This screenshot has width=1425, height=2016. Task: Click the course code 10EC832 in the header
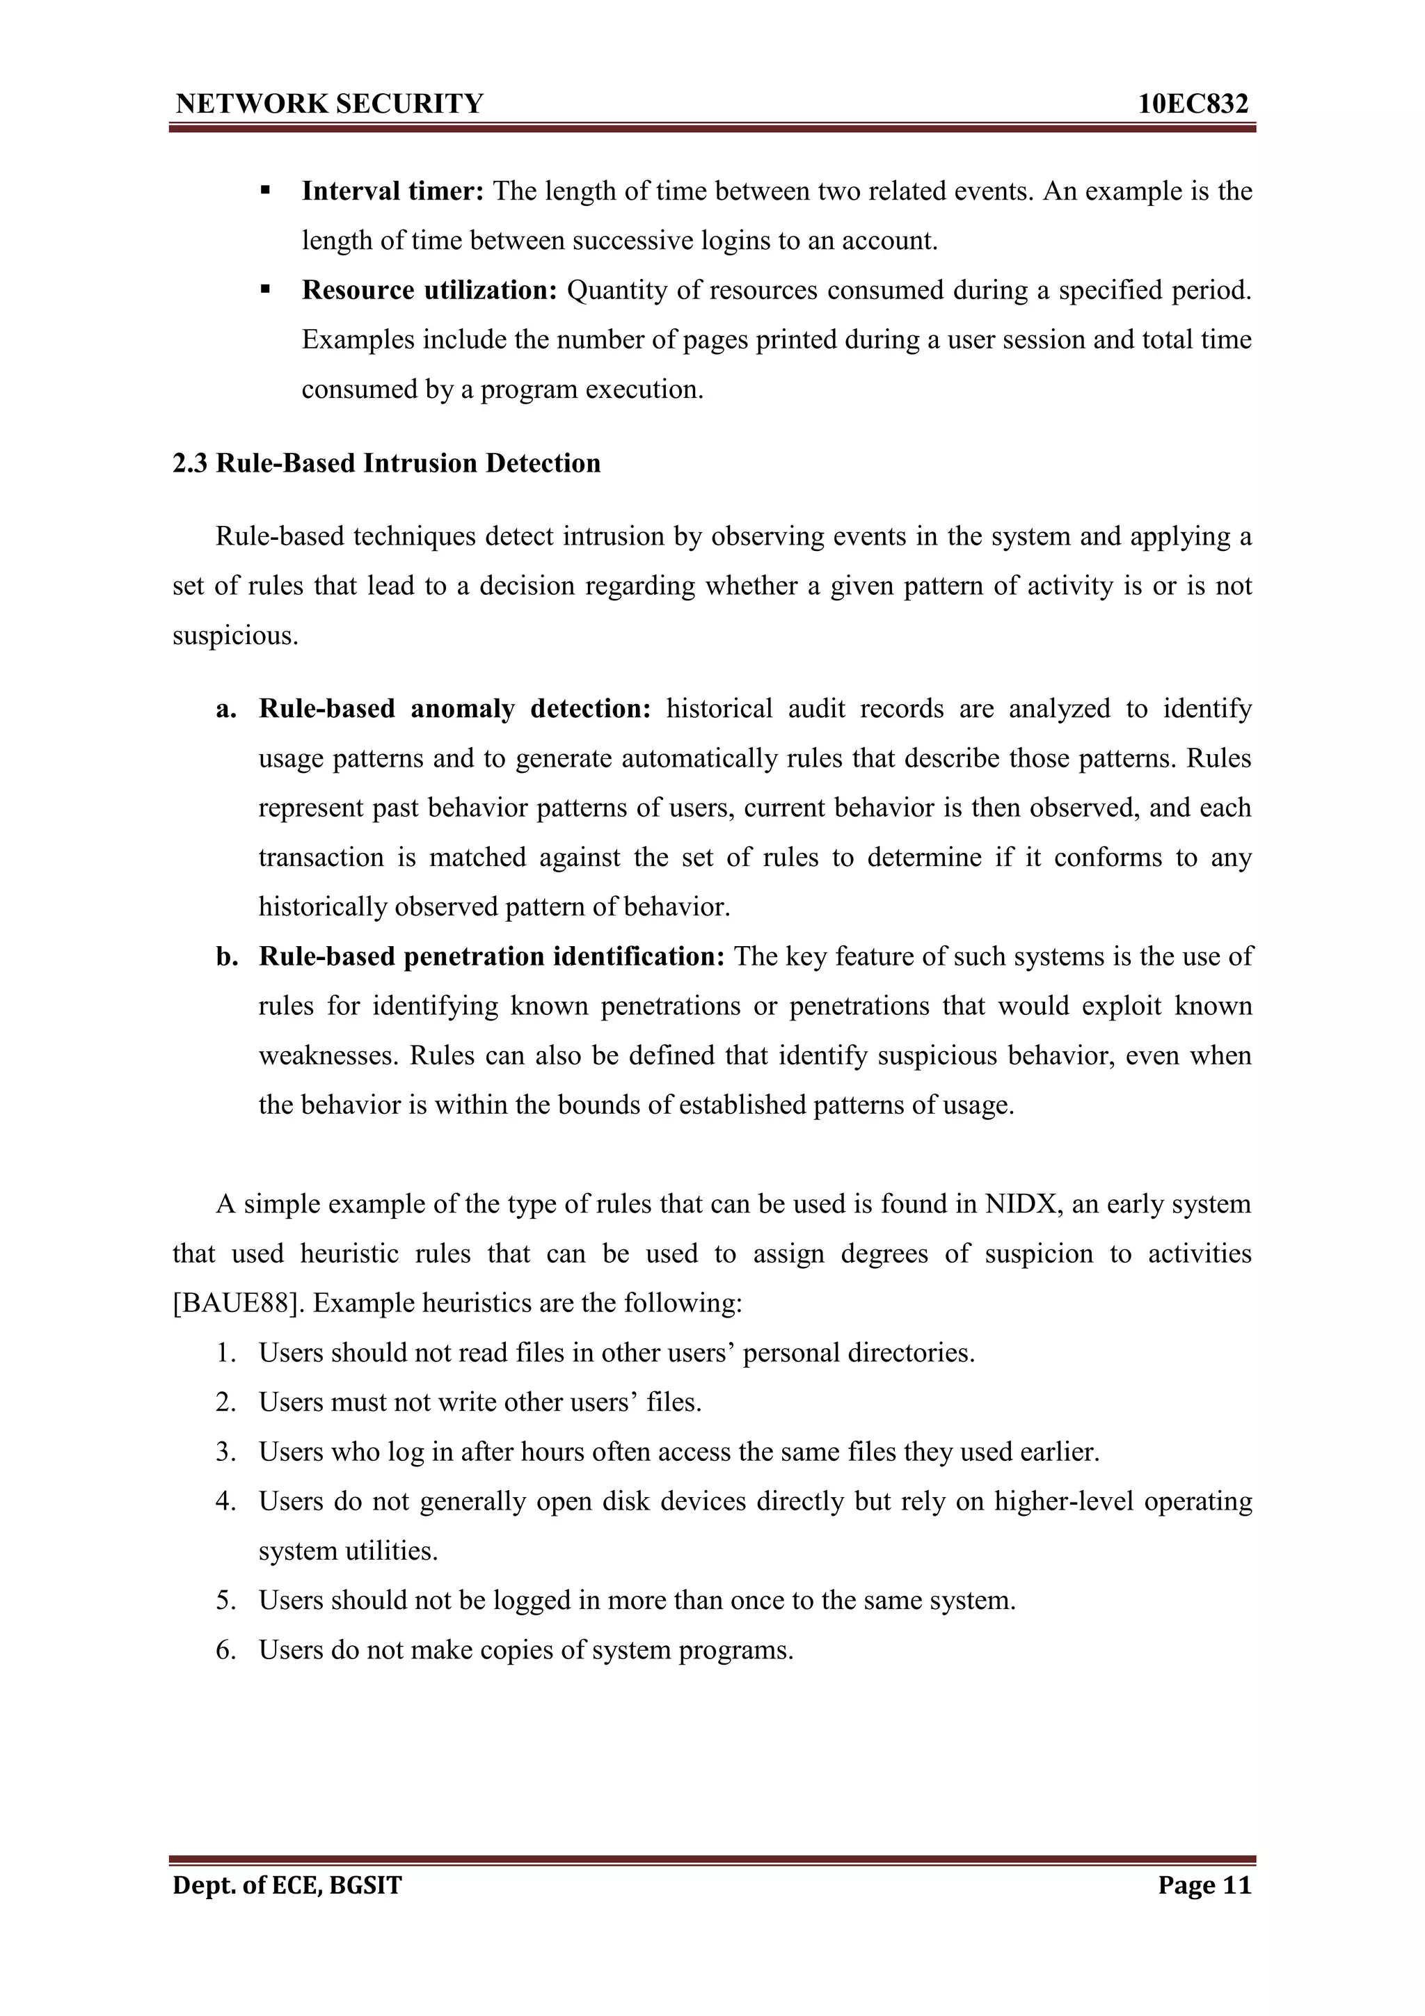click(1193, 104)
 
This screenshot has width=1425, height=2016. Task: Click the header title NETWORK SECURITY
click(329, 104)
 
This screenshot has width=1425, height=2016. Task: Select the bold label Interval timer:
click(392, 191)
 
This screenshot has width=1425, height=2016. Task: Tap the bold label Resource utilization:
click(429, 290)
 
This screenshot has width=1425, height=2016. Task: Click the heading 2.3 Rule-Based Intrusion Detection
click(386, 463)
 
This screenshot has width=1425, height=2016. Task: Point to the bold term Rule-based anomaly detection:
click(454, 707)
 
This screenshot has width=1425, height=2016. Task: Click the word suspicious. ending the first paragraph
click(235, 635)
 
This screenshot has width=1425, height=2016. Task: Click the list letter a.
click(227, 707)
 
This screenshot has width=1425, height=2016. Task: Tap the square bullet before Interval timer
click(265, 190)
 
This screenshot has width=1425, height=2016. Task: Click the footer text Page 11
click(1204, 1885)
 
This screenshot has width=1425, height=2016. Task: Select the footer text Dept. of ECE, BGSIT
click(287, 1885)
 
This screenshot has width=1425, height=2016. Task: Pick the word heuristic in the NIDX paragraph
click(349, 1253)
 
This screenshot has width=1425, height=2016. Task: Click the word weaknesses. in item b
click(328, 1055)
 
